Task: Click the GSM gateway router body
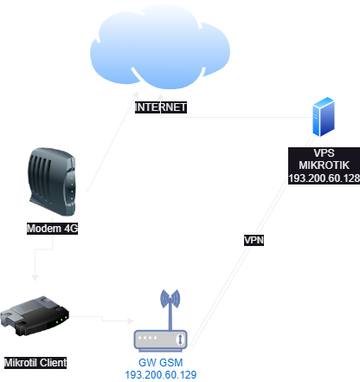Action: pos(161,339)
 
